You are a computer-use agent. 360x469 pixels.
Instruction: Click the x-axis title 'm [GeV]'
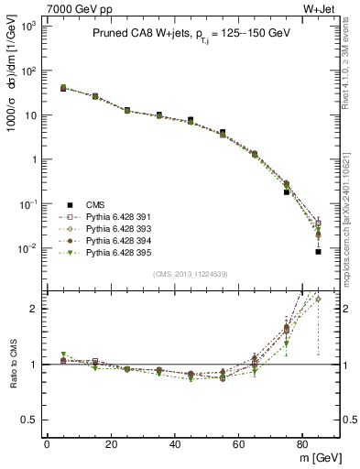coord(316,457)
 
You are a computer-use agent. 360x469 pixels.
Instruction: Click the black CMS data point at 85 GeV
coord(318,251)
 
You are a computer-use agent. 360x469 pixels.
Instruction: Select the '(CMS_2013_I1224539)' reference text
coord(191,272)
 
